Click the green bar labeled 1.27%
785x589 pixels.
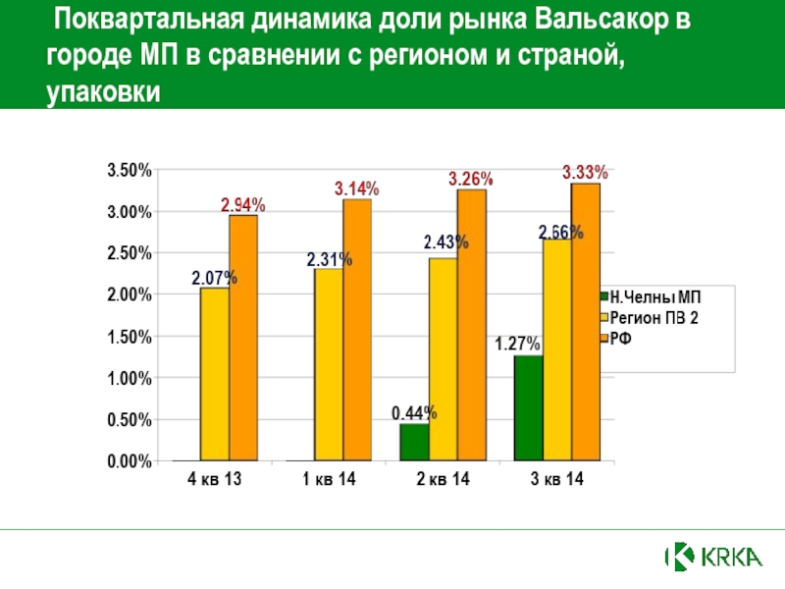tap(527, 407)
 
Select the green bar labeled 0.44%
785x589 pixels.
tap(413, 442)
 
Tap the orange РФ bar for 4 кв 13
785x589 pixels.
tap(243, 338)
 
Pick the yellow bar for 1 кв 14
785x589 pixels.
tap(328, 364)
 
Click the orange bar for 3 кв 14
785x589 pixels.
tap(585, 322)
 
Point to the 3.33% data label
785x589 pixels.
tap(585, 172)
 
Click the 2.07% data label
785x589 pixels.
tap(214, 278)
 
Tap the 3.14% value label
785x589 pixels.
tap(356, 187)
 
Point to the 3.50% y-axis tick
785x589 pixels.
tap(129, 170)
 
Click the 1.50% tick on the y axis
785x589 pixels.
tap(129, 337)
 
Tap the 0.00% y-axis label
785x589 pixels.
tap(129, 461)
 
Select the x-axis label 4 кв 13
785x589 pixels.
tap(214, 481)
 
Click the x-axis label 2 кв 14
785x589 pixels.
tap(442, 481)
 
